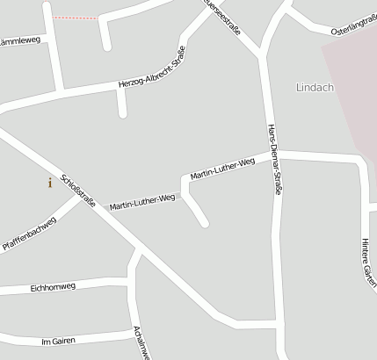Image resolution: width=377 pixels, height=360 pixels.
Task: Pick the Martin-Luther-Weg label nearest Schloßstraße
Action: (x=142, y=202)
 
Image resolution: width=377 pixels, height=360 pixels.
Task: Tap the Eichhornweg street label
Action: (x=53, y=286)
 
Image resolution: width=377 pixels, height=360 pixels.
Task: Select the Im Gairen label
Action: (x=59, y=340)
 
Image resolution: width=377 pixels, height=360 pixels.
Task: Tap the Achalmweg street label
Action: (x=139, y=342)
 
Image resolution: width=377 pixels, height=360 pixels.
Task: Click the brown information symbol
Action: (x=50, y=183)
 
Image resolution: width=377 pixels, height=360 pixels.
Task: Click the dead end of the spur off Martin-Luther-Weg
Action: (x=205, y=224)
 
